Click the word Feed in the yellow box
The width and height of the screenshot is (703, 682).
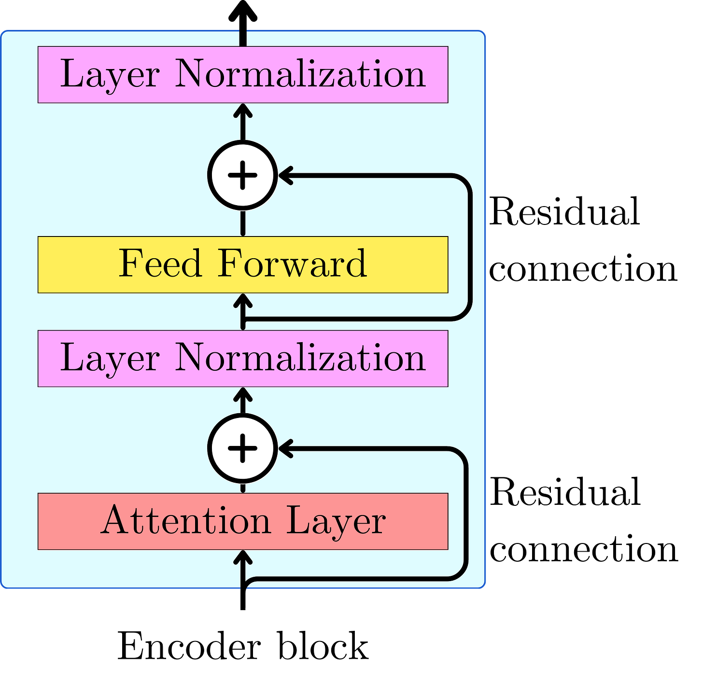point(160,264)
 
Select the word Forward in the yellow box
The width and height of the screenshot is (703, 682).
point(292,264)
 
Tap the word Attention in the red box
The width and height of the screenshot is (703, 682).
point(186,521)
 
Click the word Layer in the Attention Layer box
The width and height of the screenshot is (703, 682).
point(336,522)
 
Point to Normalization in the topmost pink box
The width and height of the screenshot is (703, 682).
point(300,74)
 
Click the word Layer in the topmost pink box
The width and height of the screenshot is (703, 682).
point(110,75)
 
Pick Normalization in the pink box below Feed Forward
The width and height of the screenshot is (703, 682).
point(300,358)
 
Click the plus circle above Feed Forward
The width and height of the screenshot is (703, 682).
point(242,175)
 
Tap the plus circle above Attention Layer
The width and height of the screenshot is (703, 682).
point(242,448)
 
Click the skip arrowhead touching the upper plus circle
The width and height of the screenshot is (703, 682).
point(285,175)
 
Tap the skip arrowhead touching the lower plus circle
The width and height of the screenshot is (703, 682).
point(285,448)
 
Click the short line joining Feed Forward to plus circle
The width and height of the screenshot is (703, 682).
point(243,223)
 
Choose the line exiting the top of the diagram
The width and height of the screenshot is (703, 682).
point(243,36)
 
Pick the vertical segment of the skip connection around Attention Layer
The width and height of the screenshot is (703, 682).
point(466,514)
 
